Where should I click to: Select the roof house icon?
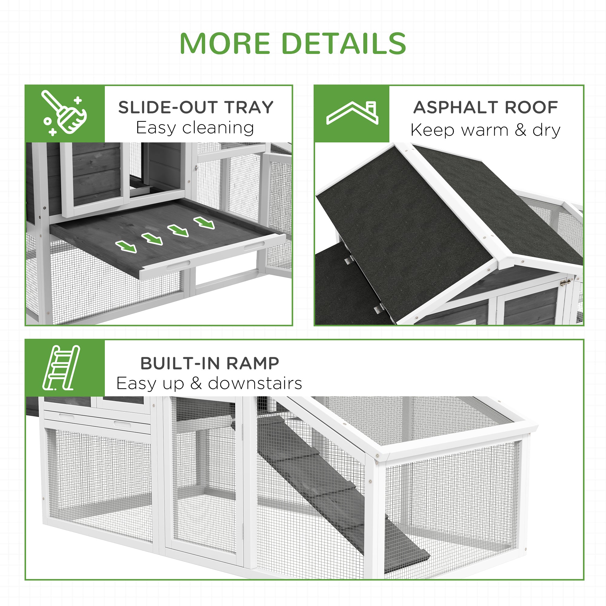[x=352, y=113]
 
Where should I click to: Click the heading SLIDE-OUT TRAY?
[x=196, y=107]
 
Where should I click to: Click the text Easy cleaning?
[x=195, y=128]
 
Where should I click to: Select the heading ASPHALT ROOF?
[x=485, y=107]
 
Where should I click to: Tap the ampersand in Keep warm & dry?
[x=520, y=130]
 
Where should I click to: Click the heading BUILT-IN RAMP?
[x=210, y=363]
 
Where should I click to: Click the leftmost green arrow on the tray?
[x=126, y=246]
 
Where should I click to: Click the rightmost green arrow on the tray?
[x=204, y=222]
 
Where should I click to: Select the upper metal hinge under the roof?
[x=348, y=260]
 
